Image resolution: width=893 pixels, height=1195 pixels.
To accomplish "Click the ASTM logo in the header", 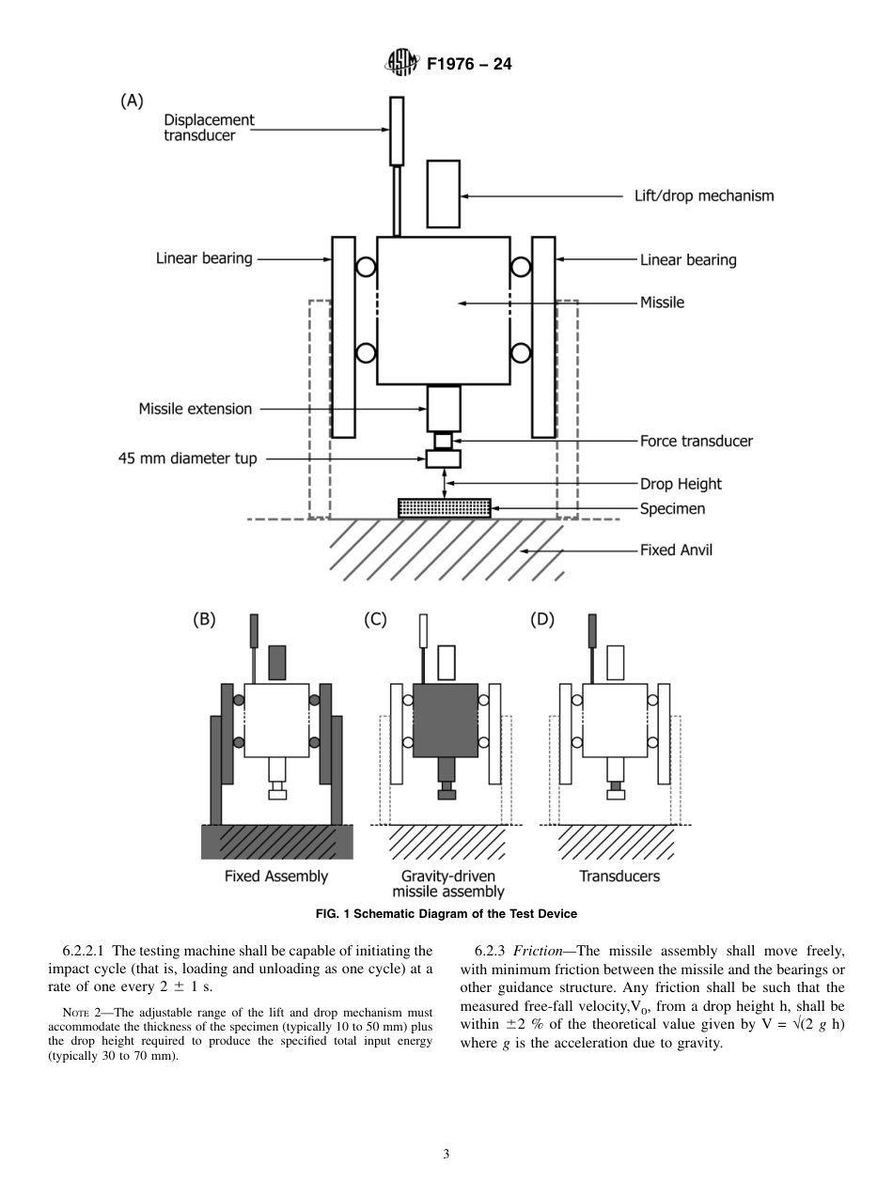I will pyautogui.click(x=402, y=64).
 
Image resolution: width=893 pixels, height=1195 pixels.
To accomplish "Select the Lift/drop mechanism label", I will pyautogui.click(x=704, y=196).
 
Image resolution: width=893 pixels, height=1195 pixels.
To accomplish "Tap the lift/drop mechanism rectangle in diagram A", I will pyautogui.click(x=443, y=194).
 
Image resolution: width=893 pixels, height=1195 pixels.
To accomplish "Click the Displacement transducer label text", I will pyautogui.click(x=209, y=128).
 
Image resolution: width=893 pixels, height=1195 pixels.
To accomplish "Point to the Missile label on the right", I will pyautogui.click(x=662, y=303).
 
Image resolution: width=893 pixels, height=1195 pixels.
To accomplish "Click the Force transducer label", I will pyautogui.click(x=696, y=441).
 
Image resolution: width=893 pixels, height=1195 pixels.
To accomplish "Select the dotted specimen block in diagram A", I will pyautogui.click(x=444, y=508).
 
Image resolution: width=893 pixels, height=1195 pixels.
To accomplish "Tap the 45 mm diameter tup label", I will pyautogui.click(x=187, y=459).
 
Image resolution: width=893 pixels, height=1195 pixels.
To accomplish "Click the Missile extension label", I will pyautogui.click(x=196, y=409).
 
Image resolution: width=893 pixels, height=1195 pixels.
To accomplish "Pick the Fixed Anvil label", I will pyautogui.click(x=676, y=550).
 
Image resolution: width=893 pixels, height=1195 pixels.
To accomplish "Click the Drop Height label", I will pyautogui.click(x=681, y=484).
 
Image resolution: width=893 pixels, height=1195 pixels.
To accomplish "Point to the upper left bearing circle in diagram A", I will pyautogui.click(x=367, y=269).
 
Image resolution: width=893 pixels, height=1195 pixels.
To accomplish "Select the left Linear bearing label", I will pyautogui.click(x=204, y=258).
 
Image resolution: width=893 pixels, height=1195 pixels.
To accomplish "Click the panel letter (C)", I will pyautogui.click(x=375, y=620).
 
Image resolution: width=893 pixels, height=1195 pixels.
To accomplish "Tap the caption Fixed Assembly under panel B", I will pyautogui.click(x=276, y=876).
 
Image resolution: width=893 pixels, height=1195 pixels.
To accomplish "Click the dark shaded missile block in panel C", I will pyautogui.click(x=445, y=720).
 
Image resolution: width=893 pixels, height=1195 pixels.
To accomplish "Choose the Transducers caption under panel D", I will pyautogui.click(x=619, y=876).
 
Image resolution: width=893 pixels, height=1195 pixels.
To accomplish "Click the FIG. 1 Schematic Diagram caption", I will pyautogui.click(x=446, y=913).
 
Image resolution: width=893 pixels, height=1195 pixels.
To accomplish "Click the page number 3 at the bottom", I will pyautogui.click(x=446, y=1155).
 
